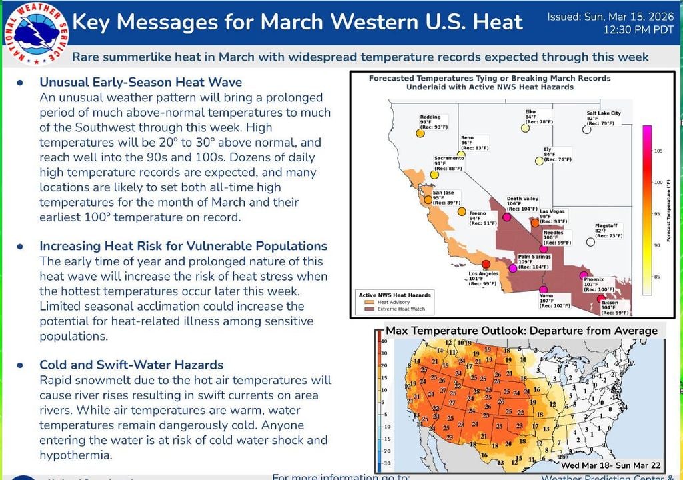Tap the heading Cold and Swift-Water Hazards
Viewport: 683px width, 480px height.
click(x=131, y=365)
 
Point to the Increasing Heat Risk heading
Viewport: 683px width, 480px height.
click(x=183, y=246)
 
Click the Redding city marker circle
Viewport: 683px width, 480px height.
click(x=420, y=133)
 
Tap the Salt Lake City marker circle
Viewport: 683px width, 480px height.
click(x=586, y=130)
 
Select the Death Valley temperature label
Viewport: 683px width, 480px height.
click(x=522, y=203)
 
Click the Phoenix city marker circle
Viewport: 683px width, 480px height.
click(x=584, y=276)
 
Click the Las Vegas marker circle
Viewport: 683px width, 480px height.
click(x=535, y=224)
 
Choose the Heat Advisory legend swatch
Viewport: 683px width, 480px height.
click(x=369, y=302)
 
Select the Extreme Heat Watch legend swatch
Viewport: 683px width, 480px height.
click(x=369, y=309)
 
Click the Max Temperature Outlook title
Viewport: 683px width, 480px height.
click(x=522, y=331)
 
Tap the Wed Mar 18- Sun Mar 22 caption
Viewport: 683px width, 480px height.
click(x=610, y=464)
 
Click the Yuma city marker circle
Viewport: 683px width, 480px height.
click(x=542, y=290)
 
